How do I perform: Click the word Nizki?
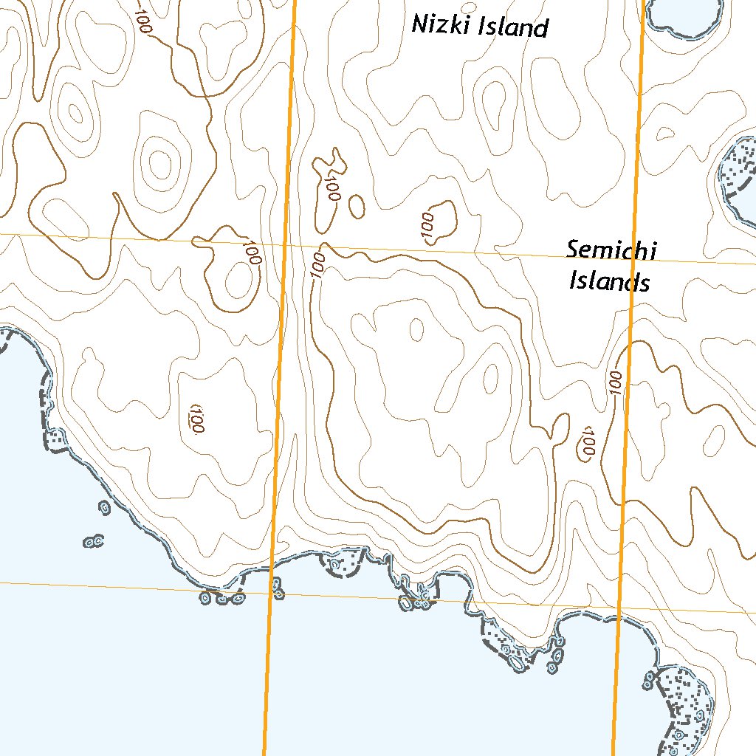[x=441, y=25]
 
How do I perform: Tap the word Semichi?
[x=611, y=250]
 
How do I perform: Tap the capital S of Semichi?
[x=574, y=249]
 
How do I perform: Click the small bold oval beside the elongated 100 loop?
[x=357, y=207]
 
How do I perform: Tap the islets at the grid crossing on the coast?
[x=277, y=588]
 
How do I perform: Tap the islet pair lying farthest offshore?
[x=92, y=543]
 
